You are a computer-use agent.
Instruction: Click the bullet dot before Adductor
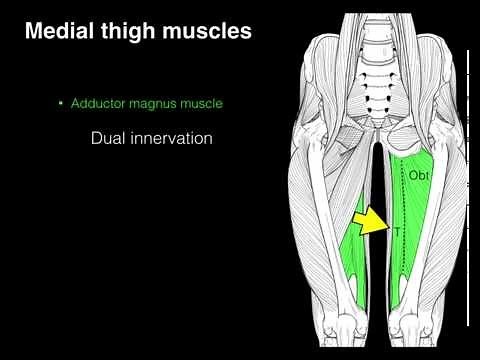[x=61, y=104]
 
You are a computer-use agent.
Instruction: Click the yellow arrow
[x=373, y=221]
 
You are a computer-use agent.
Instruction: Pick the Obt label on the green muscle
[x=418, y=175]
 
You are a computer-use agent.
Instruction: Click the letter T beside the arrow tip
[x=396, y=232]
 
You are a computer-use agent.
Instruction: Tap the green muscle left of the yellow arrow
[x=352, y=255]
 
